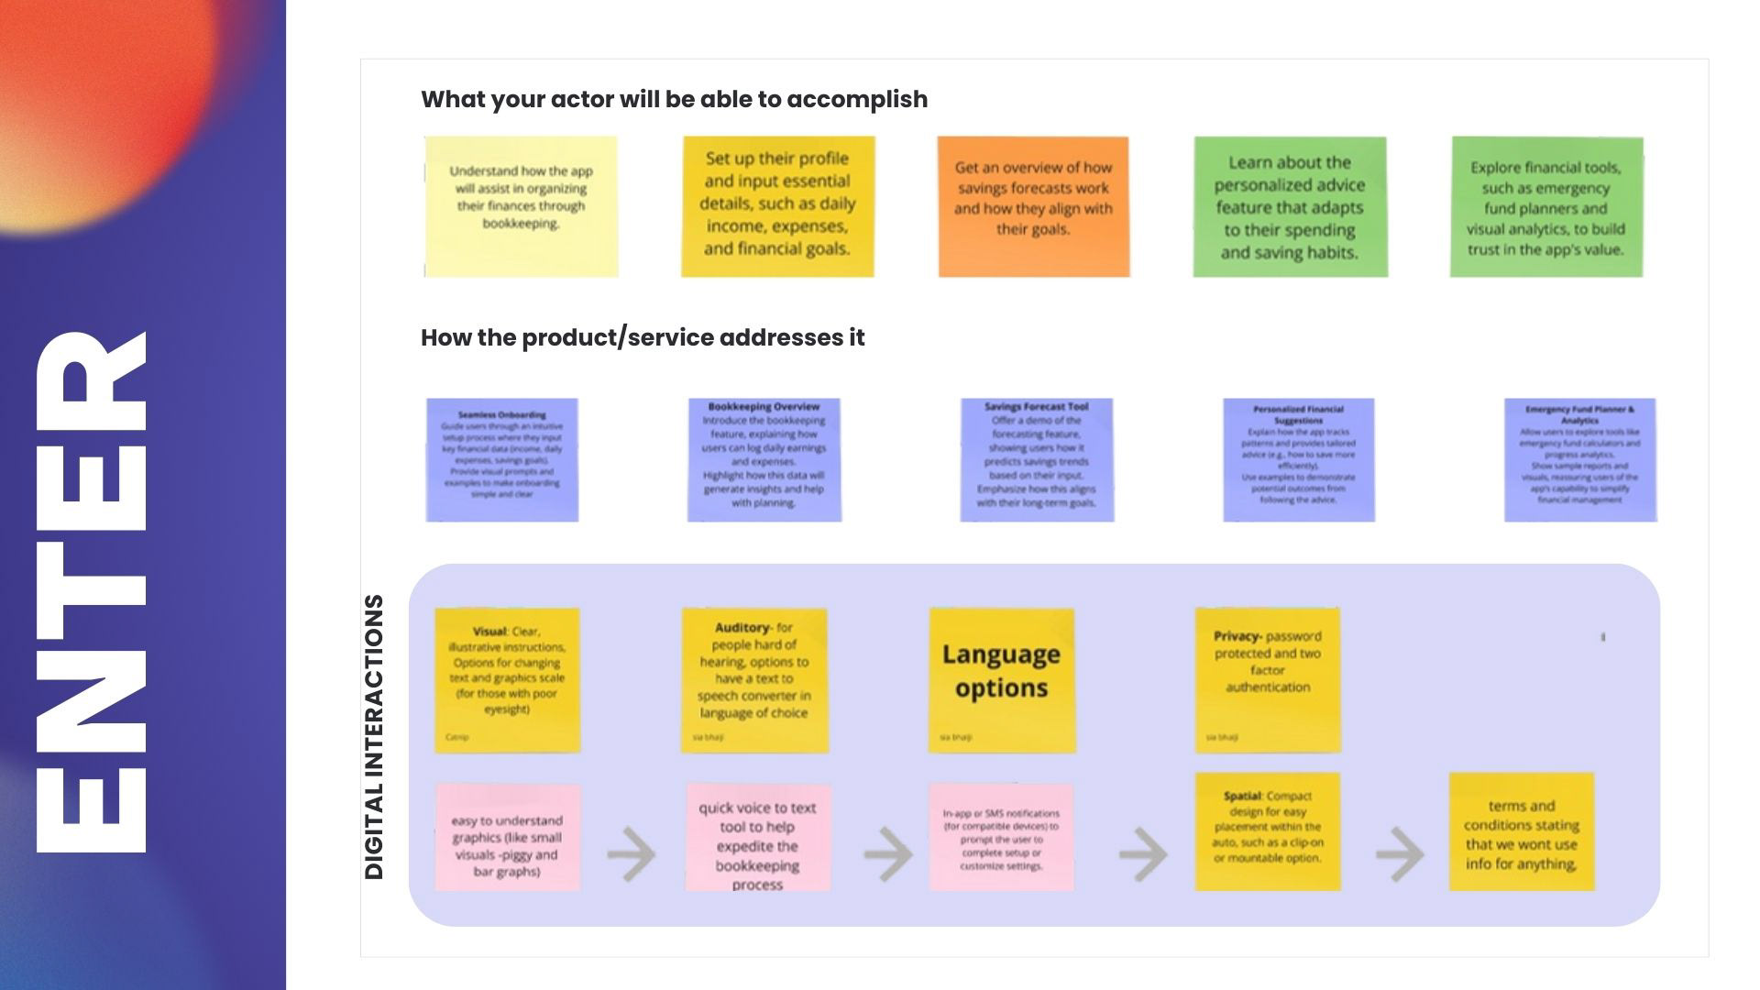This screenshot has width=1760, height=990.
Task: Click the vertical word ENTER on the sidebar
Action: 92,591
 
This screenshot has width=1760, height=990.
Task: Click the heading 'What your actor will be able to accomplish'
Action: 674,99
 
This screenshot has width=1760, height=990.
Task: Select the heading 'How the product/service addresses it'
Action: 642,337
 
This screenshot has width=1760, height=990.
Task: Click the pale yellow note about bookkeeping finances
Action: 521,206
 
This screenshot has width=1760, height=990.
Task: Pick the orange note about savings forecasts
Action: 1033,206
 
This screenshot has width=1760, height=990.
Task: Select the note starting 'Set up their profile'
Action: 777,206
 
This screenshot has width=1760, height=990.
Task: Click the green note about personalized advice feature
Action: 1290,206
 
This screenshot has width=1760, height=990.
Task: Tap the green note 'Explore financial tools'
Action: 1546,206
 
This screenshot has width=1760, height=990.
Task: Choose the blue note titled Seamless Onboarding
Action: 502,459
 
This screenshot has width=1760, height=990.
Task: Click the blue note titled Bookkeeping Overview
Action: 764,459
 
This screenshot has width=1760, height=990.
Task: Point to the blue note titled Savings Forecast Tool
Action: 1037,459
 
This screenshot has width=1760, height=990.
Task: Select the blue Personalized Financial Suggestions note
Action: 1299,459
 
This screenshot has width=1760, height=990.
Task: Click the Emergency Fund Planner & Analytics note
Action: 1579,459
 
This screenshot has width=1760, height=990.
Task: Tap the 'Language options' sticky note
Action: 1001,679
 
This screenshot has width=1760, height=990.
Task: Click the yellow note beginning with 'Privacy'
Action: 1268,679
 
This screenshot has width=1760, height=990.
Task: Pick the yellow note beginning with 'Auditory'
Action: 753,679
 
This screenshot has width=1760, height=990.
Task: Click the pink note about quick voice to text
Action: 758,836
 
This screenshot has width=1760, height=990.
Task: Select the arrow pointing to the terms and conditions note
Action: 1400,854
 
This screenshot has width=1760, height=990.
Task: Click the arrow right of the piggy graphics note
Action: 632,854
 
